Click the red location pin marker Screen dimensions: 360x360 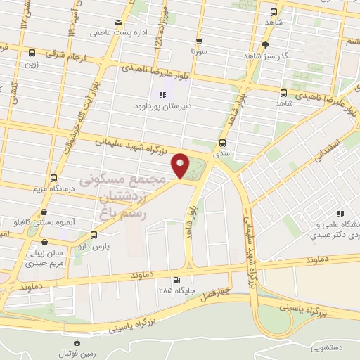(181, 165)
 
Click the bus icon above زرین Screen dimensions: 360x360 (32, 53)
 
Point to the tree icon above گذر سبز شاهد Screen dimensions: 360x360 (265, 45)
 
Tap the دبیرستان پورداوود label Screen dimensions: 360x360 (162, 106)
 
